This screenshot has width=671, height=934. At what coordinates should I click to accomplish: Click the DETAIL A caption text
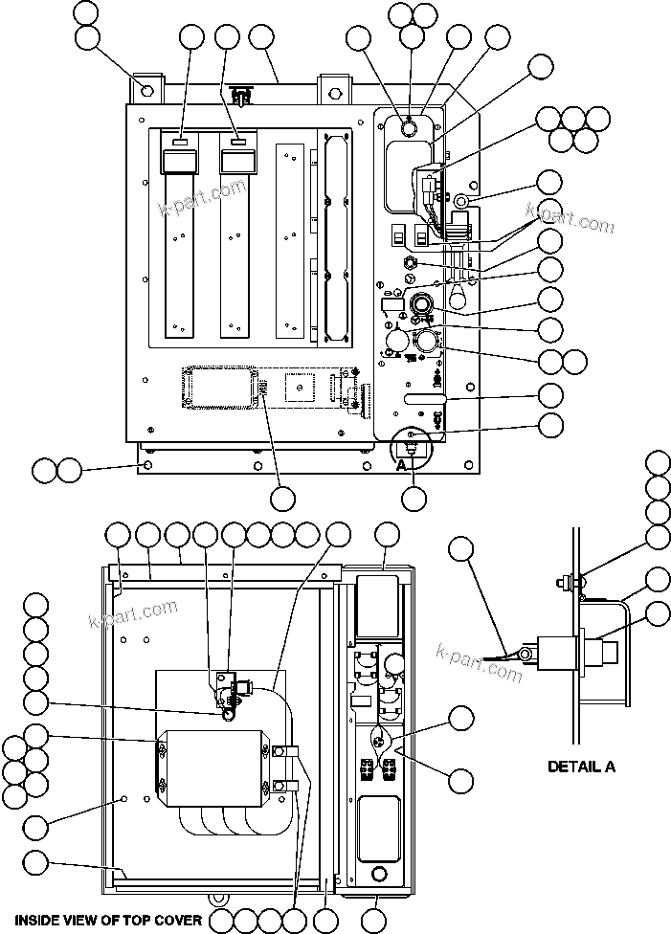581,766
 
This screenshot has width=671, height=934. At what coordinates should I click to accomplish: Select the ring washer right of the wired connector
460,202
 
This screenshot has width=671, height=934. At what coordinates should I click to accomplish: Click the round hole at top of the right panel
409,127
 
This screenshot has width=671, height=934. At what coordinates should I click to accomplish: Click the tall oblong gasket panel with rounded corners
334,236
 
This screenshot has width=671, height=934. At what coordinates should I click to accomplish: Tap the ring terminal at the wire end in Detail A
523,655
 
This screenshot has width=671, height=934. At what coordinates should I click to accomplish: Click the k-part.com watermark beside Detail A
482,660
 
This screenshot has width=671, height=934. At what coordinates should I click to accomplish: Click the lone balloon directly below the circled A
414,498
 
